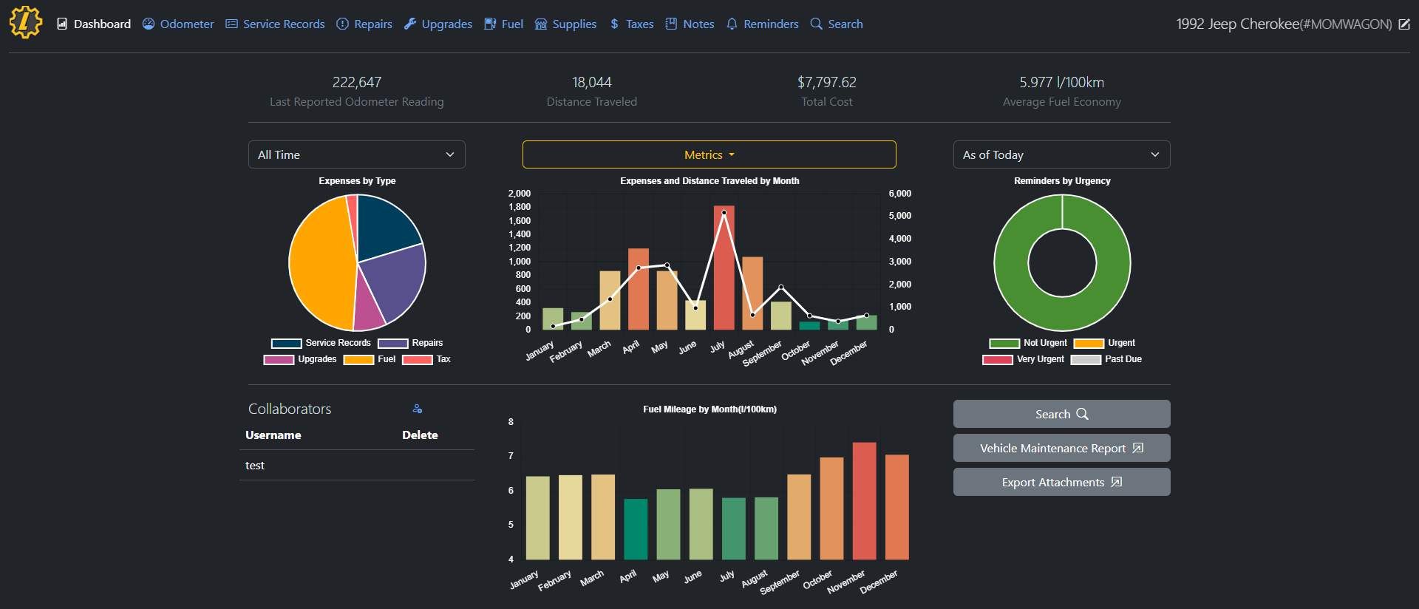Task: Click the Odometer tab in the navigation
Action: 178,24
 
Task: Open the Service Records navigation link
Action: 275,24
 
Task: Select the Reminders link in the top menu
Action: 763,24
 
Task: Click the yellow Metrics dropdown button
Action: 709,154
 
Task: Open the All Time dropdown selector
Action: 356,154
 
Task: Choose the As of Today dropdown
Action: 1061,154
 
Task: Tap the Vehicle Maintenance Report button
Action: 1061,448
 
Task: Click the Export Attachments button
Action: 1061,482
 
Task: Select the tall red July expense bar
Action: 724,270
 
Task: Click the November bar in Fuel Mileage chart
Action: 864,503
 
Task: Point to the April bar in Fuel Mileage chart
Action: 636,529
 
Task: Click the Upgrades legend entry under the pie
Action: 300,359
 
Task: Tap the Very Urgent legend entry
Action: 1024,359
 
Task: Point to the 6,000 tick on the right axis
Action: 899,194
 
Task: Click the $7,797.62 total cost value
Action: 826,82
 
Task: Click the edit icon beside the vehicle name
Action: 1404,24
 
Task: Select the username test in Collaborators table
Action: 255,466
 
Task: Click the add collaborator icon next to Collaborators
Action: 418,409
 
